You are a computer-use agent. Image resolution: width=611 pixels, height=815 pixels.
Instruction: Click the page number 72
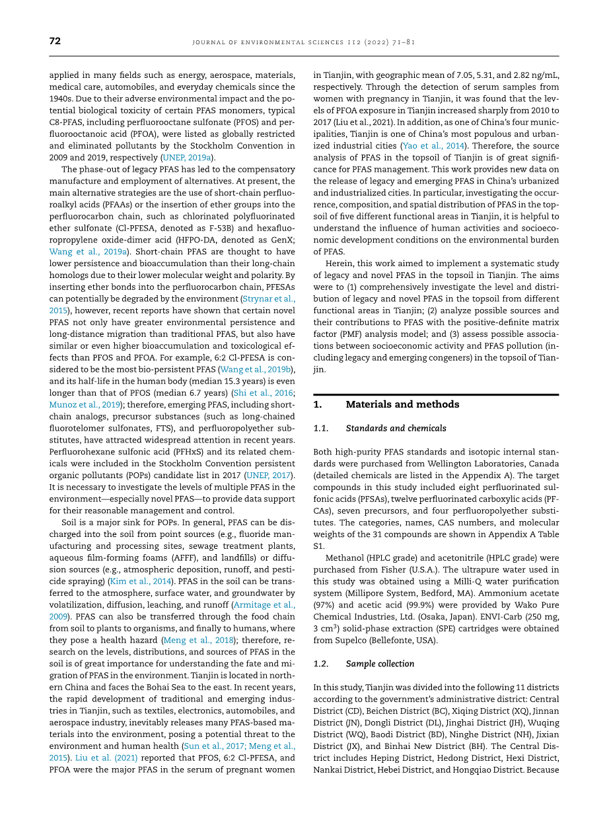coord(55,41)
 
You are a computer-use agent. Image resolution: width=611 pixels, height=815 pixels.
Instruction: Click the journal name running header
coord(303,42)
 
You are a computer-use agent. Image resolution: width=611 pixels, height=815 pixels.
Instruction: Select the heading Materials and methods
coord(402,404)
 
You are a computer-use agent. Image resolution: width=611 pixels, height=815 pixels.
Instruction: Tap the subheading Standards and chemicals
coord(396,428)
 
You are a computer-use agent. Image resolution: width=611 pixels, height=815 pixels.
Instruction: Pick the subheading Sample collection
coord(380,664)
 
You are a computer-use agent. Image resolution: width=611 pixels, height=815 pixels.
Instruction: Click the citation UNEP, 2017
coord(269,475)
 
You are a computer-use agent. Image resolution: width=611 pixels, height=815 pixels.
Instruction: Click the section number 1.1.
coord(321,428)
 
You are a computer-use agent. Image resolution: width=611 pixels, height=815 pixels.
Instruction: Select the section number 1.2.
coord(321,664)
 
